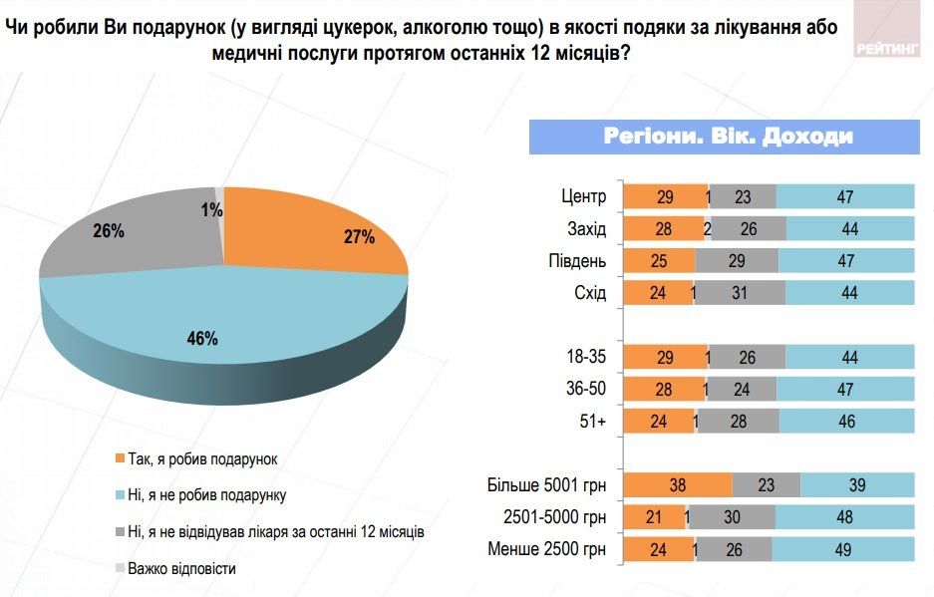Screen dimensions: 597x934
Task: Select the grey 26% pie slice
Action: (130, 234)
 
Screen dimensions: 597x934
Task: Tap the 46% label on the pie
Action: (201, 339)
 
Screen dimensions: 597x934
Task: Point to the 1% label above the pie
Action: (209, 210)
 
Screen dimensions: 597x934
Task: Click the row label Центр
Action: (584, 197)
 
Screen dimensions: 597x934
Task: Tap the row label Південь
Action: (576, 261)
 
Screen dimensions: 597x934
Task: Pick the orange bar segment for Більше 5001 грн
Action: (678, 486)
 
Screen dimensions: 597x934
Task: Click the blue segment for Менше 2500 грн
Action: (843, 550)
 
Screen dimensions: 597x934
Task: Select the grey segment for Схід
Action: (741, 293)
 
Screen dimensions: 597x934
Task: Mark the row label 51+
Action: (592, 422)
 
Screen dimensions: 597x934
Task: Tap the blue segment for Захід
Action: (849, 229)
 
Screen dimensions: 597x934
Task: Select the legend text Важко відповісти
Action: (180, 568)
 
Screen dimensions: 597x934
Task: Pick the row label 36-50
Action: (585, 390)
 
